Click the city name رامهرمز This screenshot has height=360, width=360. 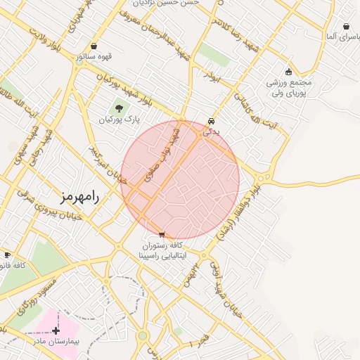click(x=80, y=196)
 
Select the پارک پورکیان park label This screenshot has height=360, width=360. click(x=115, y=121)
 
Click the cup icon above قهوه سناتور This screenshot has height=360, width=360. click(x=94, y=46)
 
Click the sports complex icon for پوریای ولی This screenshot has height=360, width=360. click(x=288, y=71)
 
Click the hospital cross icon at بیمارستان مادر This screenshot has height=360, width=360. click(x=56, y=329)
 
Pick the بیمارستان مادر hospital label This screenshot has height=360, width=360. click(x=56, y=341)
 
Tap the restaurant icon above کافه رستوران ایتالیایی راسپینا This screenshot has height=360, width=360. click(x=162, y=234)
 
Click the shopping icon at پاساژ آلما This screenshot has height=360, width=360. click(x=347, y=27)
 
